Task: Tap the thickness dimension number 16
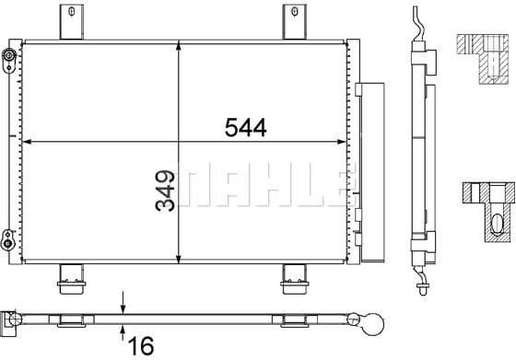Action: point(140,346)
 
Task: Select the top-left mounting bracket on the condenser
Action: point(69,22)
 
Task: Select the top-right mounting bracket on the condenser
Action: point(294,22)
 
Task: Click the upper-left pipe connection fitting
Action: point(8,61)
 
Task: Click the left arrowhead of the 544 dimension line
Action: point(26,142)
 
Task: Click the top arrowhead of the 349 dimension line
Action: point(178,46)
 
